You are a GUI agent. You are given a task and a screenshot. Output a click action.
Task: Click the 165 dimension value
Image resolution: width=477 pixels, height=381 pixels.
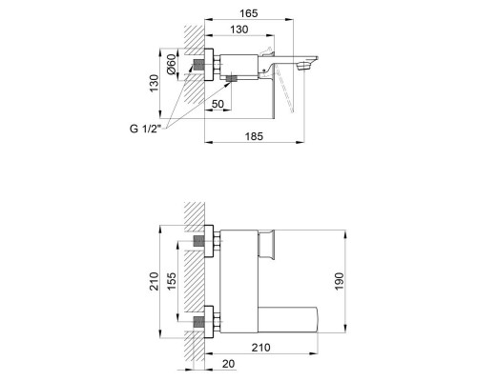coord(249,13)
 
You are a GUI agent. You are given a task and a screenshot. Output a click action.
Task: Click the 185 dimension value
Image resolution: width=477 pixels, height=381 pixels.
coord(254,136)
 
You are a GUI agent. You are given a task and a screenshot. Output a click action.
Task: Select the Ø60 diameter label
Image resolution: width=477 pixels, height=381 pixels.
coord(172,65)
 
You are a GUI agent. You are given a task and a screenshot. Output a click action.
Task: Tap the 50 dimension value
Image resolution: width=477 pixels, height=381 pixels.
coord(218,104)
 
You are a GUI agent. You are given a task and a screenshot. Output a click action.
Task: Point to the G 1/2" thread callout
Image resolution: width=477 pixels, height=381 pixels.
coord(146,129)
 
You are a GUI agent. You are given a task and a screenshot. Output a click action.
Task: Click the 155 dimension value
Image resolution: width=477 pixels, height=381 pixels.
coord(172,281)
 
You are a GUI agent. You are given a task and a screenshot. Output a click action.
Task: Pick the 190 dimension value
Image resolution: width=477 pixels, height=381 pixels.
coord(340,281)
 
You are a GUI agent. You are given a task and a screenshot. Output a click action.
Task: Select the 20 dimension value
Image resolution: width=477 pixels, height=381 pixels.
coord(228,364)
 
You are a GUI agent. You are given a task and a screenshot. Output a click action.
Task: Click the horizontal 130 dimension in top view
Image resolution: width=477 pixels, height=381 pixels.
coord(239,30)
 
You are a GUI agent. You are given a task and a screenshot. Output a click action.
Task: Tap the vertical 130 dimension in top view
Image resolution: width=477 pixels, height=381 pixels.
coord(154,83)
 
